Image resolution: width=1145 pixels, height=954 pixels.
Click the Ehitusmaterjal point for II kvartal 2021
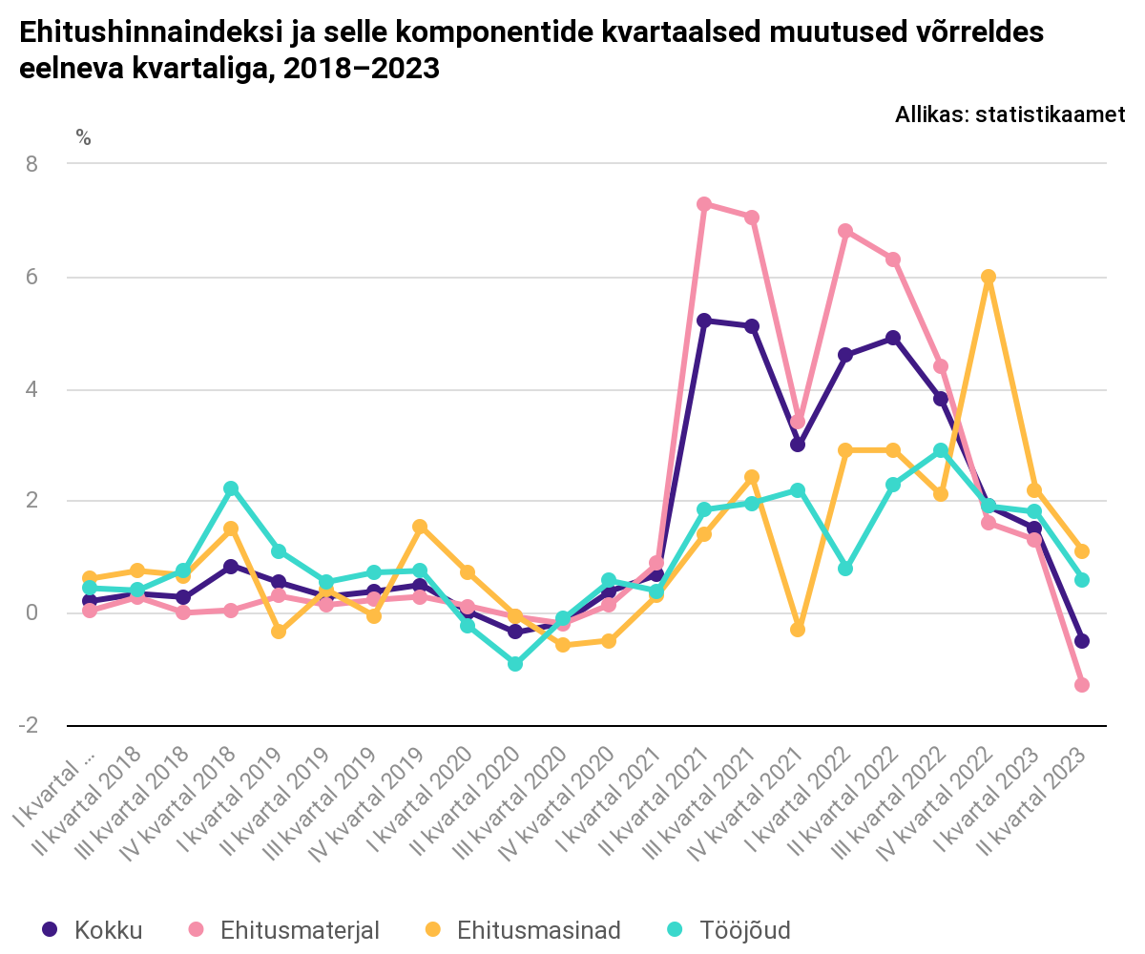coord(704,204)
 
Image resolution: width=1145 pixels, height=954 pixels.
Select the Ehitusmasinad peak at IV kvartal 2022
coord(988,278)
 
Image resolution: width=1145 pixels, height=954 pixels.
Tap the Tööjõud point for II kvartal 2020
coord(515,664)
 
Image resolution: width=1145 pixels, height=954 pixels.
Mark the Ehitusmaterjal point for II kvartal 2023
coord(1082,685)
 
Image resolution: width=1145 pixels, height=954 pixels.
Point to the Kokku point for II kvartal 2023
coord(1082,641)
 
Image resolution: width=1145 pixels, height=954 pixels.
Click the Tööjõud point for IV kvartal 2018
coord(231,488)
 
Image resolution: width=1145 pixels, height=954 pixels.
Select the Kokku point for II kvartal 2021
coord(704,321)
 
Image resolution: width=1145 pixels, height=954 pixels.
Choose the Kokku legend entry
coord(94,930)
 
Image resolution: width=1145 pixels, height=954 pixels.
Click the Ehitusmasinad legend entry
coord(525,930)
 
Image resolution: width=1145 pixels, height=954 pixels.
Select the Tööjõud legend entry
coord(730,930)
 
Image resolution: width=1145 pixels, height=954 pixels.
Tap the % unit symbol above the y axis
coord(84,138)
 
